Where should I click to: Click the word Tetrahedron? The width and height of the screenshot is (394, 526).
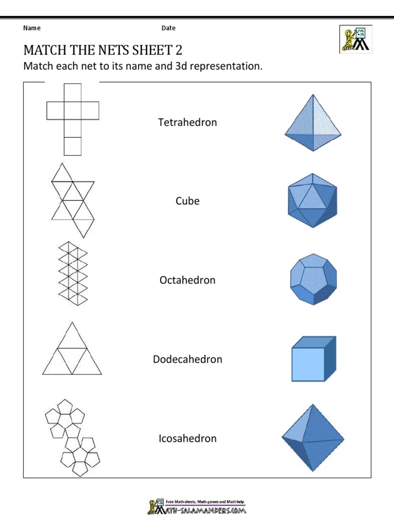pyautogui.click(x=187, y=122)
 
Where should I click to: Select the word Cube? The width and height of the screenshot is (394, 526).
pyautogui.click(x=187, y=201)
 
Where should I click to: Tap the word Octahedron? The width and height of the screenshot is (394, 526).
pyautogui.click(x=187, y=280)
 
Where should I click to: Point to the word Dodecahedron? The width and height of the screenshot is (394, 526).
pyautogui.click(x=187, y=359)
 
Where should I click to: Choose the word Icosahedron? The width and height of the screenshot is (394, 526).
pyautogui.click(x=187, y=438)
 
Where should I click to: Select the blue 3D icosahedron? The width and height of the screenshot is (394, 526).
pyautogui.click(x=313, y=200)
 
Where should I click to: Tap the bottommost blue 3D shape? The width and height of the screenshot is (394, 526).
pyautogui.click(x=312, y=438)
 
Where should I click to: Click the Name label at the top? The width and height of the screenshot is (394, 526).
pyautogui.click(x=32, y=28)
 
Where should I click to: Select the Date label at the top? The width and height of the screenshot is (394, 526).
pyautogui.click(x=168, y=28)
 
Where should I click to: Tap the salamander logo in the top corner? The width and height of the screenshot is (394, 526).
pyautogui.click(x=355, y=39)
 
